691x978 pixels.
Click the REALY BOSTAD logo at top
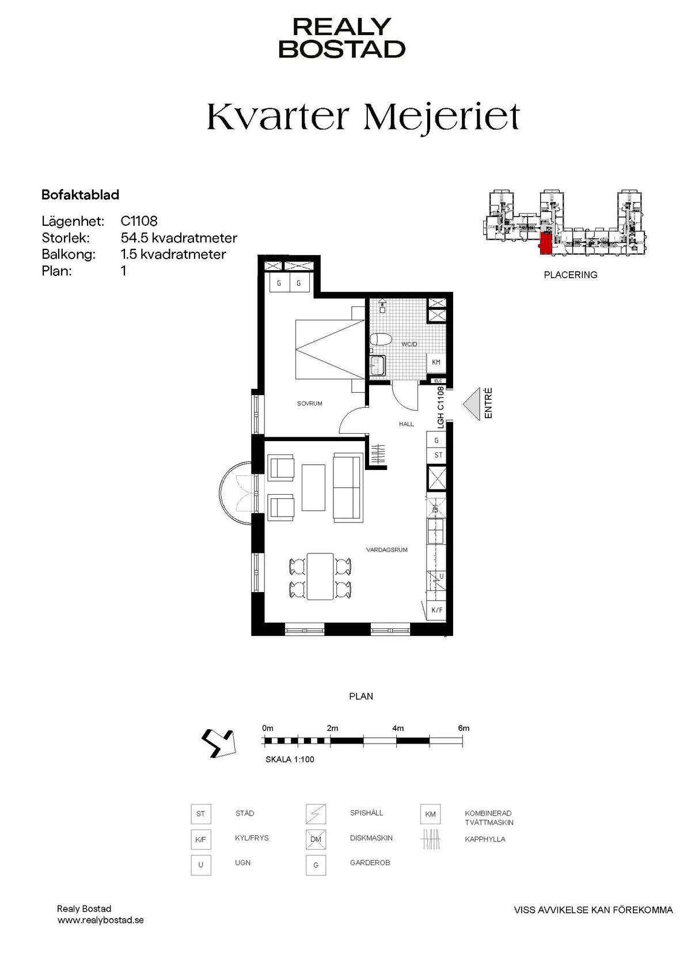pos(342,38)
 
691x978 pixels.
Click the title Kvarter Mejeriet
pos(363,116)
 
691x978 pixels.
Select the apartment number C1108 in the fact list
pos(139,221)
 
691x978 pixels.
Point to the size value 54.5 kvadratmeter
pos(179,238)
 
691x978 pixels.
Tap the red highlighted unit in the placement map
pos(545,243)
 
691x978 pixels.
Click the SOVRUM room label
pos(310,404)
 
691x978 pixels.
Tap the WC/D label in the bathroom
pos(409,344)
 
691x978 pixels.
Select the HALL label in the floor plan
pos(407,424)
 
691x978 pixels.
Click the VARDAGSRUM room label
pos(387,550)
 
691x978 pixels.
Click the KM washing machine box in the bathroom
pos(436,362)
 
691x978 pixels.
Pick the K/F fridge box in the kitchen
pos(437,610)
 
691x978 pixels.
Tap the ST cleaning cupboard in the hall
pos(438,455)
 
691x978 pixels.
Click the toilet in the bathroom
pos(380,339)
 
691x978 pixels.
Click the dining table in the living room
pos(320,576)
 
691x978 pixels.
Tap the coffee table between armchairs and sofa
pos(313,487)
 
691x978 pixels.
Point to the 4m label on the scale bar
pos(398,728)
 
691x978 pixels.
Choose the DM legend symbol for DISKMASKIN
pos(316,840)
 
